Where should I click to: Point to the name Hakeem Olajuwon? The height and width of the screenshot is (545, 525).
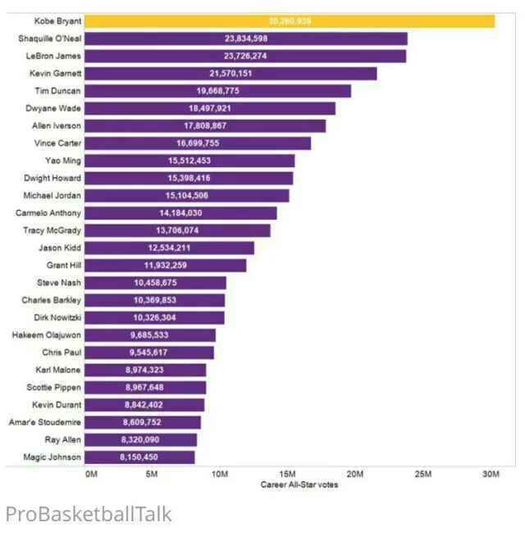coord(47,334)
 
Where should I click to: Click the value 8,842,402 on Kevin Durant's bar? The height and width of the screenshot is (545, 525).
coord(144,405)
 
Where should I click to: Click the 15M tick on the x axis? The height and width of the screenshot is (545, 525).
coord(287,475)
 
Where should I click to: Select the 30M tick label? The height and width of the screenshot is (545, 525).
coord(490,475)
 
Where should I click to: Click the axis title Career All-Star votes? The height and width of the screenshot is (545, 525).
coord(299,484)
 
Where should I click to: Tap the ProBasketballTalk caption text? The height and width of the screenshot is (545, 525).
coord(89,514)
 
